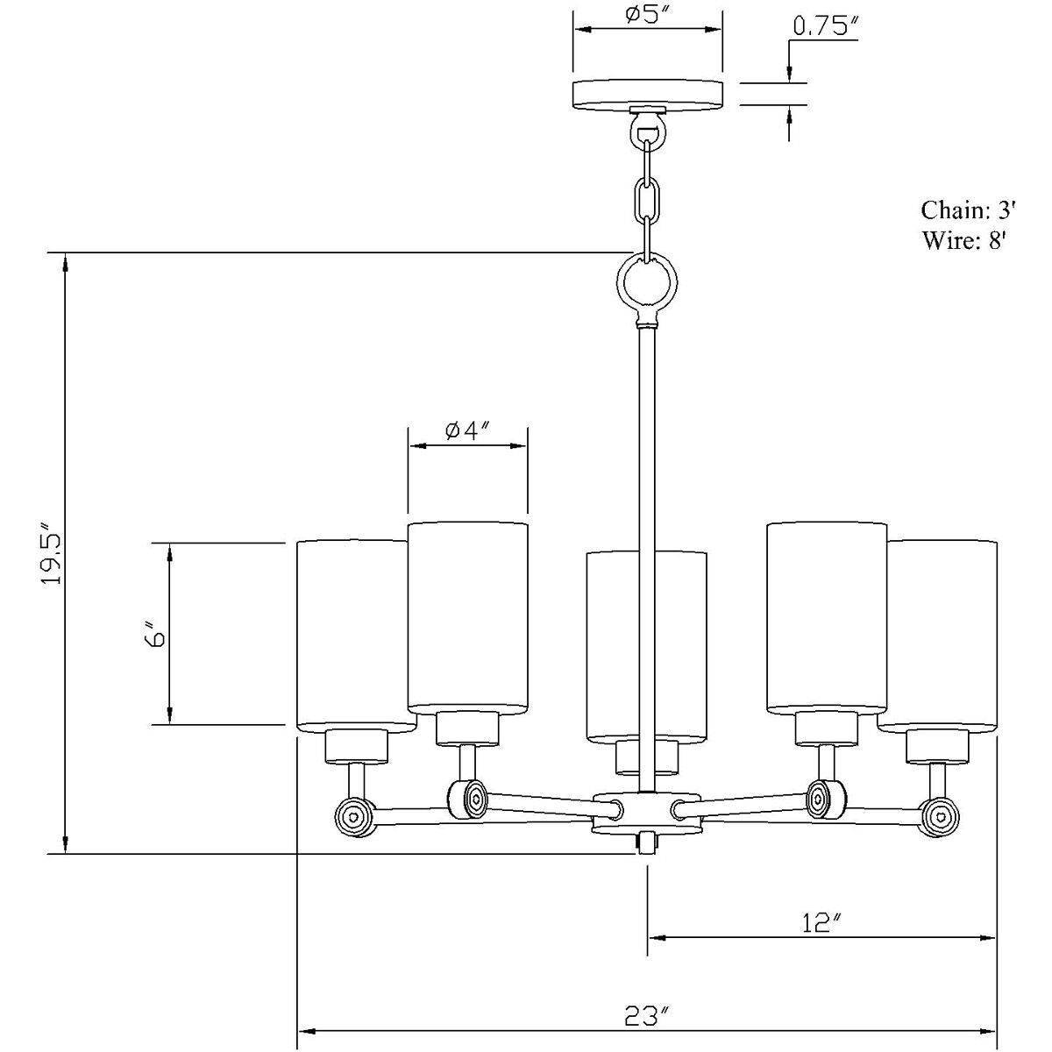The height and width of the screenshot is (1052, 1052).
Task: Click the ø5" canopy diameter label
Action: [x=648, y=15]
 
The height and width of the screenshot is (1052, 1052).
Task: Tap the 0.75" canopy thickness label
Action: [x=826, y=26]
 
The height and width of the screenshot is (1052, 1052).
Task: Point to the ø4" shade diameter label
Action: [x=468, y=430]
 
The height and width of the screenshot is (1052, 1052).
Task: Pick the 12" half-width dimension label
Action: [x=822, y=922]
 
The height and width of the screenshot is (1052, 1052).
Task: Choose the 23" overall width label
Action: [x=647, y=1016]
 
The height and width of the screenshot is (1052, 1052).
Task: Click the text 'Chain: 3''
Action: [x=968, y=210]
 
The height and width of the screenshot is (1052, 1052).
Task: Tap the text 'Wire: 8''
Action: [x=963, y=240]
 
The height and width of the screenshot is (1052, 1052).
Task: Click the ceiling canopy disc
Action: [x=648, y=95]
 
